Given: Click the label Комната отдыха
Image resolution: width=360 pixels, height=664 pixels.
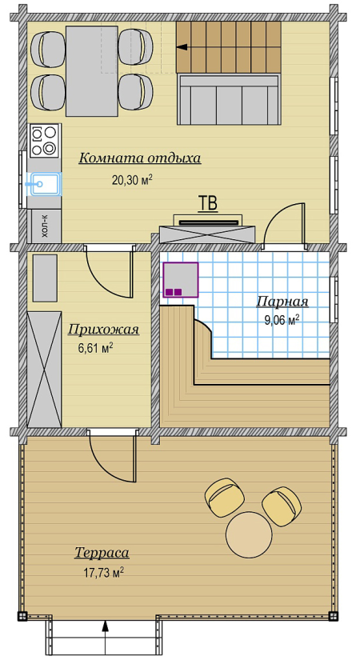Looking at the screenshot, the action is tap(140, 158).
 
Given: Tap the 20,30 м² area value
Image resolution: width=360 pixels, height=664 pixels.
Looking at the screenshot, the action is tap(132, 180).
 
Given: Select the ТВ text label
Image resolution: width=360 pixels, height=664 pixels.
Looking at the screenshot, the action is tap(208, 203).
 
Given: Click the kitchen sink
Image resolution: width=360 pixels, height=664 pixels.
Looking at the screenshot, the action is tap(46, 184).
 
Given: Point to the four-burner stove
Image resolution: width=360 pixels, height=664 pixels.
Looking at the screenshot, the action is tap(44, 141).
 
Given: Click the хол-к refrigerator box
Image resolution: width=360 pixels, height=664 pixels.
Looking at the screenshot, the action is tap(45, 226).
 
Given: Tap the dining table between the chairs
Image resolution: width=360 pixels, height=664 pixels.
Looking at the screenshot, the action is tap(91, 70).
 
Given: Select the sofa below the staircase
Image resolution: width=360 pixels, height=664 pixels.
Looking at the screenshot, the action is tap(229, 99).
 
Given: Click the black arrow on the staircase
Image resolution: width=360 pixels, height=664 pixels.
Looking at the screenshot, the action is tap(182, 47).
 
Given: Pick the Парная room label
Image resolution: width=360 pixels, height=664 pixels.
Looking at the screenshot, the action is tap(282, 302).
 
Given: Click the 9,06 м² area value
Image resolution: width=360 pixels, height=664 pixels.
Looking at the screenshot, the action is tap(282, 320).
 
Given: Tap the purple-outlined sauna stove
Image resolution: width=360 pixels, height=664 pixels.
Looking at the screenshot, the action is tap(181, 280).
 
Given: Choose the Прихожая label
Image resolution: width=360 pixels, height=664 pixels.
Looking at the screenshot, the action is tap(103, 329).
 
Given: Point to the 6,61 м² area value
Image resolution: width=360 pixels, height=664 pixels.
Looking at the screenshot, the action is tap(95, 348).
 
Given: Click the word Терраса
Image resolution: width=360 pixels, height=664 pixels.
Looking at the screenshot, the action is tap(102, 553).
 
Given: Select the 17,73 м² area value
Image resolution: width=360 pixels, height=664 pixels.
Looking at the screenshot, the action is tap(104, 573).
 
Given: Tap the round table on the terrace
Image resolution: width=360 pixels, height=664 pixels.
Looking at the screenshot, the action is tap(249, 535).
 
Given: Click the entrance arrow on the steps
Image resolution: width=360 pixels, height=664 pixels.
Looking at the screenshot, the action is tap(106, 638).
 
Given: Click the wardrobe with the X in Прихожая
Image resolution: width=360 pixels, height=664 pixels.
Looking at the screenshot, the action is tap(45, 370).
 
